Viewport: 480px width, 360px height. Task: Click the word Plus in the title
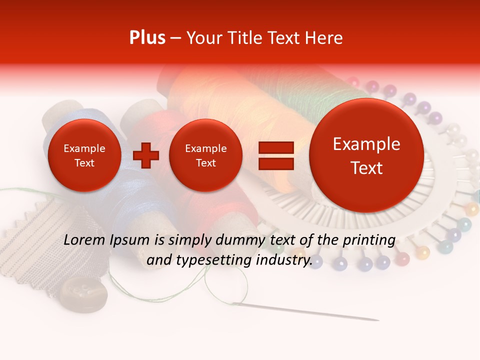click(147, 37)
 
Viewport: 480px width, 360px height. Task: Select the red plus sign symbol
click(145, 155)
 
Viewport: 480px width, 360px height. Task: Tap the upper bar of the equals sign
click(275, 147)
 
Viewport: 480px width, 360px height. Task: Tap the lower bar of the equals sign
click(275, 164)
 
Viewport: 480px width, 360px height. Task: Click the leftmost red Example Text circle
click(84, 155)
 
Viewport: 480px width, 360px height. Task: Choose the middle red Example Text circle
click(205, 155)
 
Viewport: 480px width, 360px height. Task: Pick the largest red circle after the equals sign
click(366, 155)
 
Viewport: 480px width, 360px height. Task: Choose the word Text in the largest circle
click(366, 168)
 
